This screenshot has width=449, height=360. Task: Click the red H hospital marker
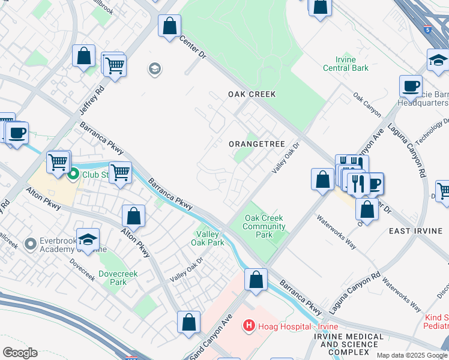coord(248,326)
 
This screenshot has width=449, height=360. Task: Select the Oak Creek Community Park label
coord(264,227)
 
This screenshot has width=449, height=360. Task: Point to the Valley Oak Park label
coord(211,238)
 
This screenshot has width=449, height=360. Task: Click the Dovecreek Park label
coord(119,278)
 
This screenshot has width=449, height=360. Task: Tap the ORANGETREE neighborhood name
coord(256,145)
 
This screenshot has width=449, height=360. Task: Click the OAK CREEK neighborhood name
coord(252,94)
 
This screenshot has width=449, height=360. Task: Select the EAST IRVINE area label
coord(416,231)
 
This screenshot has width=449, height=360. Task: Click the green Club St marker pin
coord(73,175)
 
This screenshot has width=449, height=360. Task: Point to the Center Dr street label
coord(193,47)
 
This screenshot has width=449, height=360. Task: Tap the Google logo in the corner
coord(20,353)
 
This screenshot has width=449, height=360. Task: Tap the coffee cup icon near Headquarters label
coord(411,86)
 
